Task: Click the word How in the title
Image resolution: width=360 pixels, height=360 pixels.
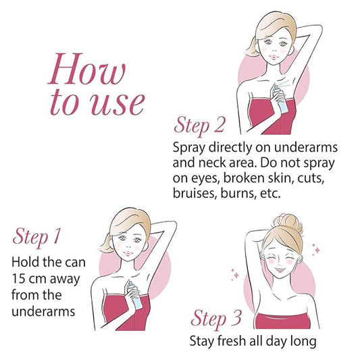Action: coord(86,69)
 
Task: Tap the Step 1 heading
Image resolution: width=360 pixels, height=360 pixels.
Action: coord(36,237)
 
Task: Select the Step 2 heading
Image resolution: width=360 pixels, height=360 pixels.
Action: coord(199,126)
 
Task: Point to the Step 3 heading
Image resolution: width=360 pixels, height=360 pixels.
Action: coord(216,319)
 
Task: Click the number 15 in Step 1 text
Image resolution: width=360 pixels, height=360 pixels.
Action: coord(18,278)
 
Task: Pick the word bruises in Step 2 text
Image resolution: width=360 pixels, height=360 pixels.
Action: coord(195,193)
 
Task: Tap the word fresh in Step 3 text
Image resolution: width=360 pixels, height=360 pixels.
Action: coord(232,340)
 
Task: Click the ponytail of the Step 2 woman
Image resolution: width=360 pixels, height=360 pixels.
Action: coord(252,48)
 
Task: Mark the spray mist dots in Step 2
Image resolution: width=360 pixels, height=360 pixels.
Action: coord(286,83)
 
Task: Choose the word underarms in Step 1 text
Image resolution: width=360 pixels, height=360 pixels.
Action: coord(43,311)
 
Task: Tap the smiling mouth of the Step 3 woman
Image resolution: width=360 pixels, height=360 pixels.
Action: coord(279,269)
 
